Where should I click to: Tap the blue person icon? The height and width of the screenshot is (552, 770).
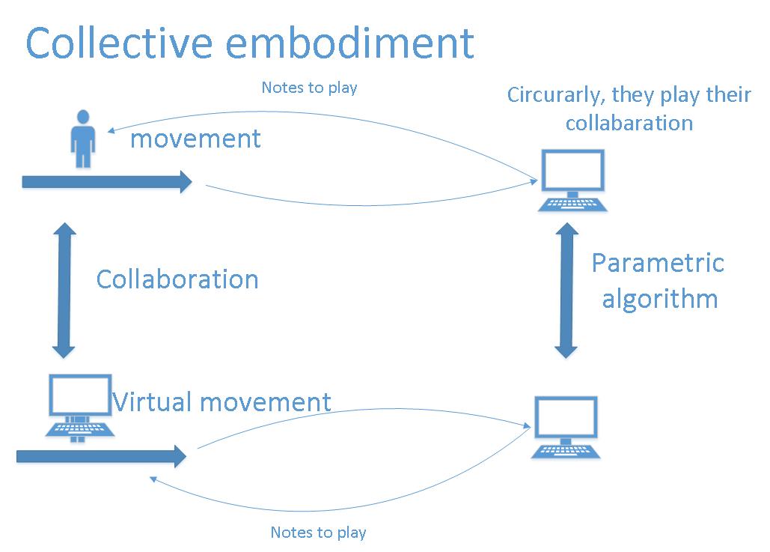click(82, 139)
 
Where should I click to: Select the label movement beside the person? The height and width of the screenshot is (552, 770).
click(195, 139)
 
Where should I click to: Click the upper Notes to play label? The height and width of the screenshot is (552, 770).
click(309, 88)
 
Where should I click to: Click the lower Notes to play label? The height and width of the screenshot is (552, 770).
click(318, 533)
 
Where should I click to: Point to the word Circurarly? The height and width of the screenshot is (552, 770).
click(554, 96)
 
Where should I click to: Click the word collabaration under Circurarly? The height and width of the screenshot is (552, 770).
click(629, 122)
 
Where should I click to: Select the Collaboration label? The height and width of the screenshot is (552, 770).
click(177, 279)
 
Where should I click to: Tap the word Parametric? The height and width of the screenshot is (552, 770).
click(658, 263)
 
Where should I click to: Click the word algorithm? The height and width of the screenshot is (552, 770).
click(659, 299)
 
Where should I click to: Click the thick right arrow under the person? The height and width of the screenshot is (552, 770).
click(108, 181)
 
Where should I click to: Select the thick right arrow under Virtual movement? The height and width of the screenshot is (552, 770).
click(101, 455)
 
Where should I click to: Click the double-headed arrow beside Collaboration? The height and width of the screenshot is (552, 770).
click(65, 289)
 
